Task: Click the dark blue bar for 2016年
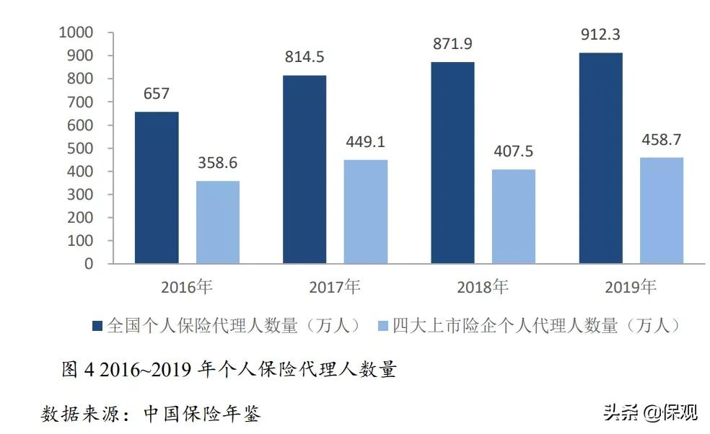click(x=157, y=187)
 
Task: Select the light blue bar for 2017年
click(x=365, y=211)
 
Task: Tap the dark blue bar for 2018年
click(x=452, y=163)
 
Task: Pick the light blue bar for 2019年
click(x=661, y=210)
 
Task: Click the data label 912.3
click(x=601, y=34)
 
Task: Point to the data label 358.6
click(x=217, y=162)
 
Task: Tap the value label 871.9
click(x=452, y=43)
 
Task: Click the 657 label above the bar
click(x=157, y=94)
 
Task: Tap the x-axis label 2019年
click(x=631, y=287)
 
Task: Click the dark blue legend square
click(x=97, y=326)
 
